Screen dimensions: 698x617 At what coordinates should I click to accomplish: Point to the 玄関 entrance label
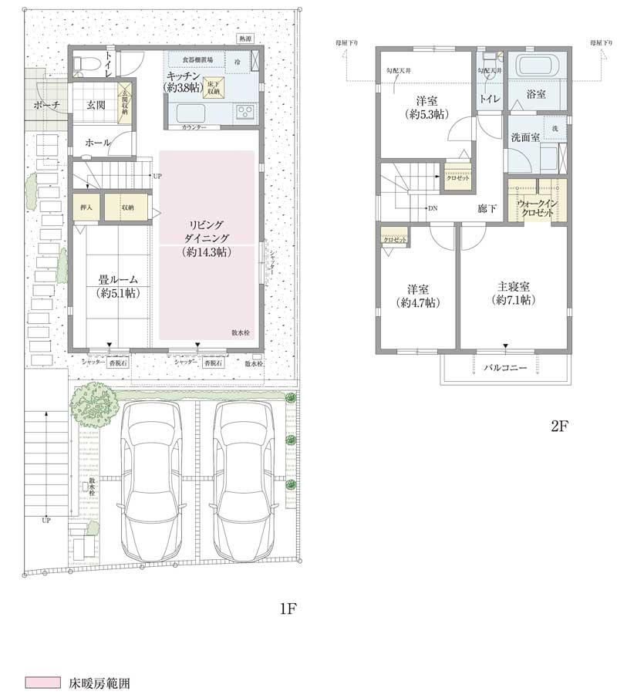(x=96, y=105)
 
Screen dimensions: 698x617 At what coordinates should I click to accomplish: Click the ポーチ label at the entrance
(x=46, y=105)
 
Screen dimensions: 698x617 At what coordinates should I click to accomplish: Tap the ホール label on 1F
(x=97, y=143)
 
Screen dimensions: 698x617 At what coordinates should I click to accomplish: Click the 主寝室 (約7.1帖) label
(x=513, y=293)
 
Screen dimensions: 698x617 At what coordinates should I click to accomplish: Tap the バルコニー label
(x=505, y=369)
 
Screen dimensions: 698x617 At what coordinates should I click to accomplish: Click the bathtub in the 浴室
(x=541, y=67)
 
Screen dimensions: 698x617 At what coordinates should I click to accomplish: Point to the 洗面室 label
(x=524, y=137)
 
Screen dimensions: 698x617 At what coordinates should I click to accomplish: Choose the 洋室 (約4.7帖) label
(x=417, y=296)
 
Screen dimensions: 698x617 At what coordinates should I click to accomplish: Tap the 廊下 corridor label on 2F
(x=487, y=208)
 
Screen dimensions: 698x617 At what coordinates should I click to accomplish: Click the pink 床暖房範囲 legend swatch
(x=42, y=683)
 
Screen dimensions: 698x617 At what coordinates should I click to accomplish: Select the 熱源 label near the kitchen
(x=244, y=38)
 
